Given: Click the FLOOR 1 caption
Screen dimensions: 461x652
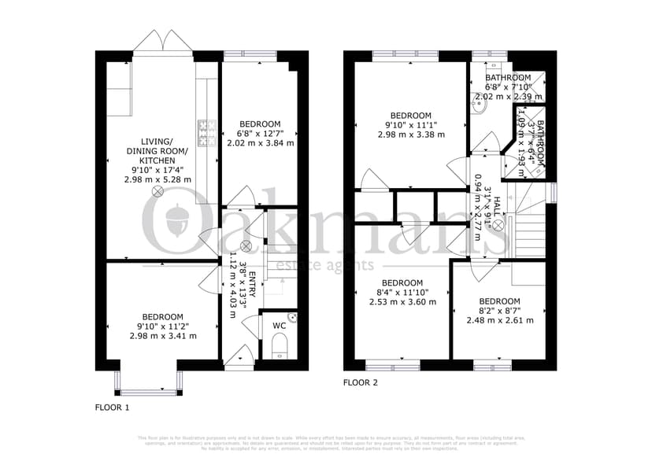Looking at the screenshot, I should [x=112, y=408].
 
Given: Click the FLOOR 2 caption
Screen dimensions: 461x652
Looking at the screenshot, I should [x=361, y=383].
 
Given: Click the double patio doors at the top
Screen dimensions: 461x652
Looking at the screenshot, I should [x=161, y=43].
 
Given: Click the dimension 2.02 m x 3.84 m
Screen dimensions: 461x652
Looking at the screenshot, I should [x=260, y=143].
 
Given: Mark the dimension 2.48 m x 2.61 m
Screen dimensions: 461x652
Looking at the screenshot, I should [x=499, y=320].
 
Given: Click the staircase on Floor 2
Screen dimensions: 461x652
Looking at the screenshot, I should [x=528, y=228].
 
